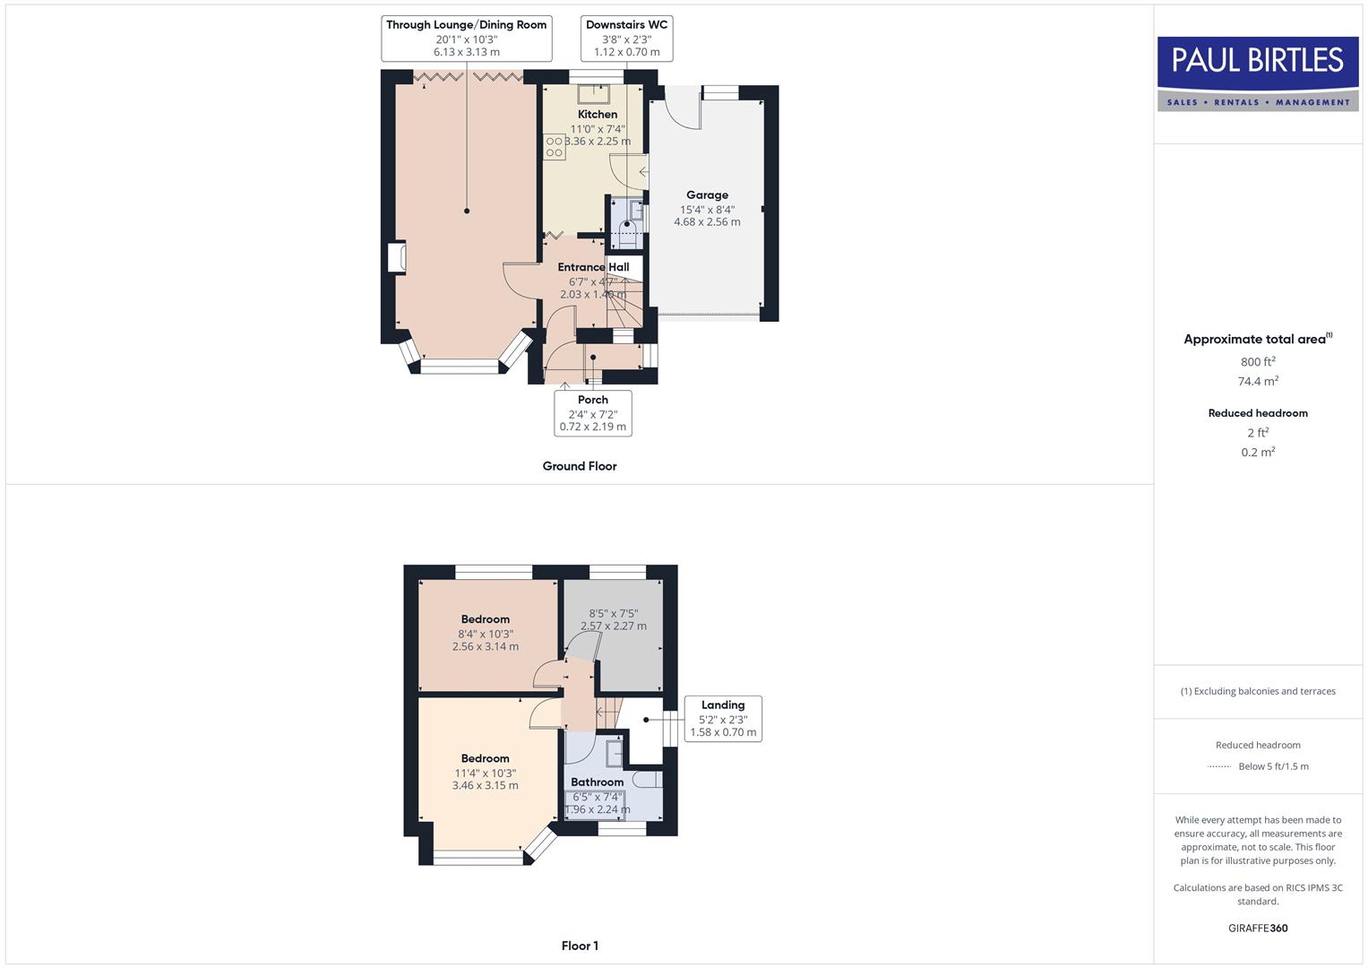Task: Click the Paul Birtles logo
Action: pos(1257,73)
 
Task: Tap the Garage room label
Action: pos(707,195)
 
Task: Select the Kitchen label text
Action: pos(598,115)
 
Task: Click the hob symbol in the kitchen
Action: pos(554,147)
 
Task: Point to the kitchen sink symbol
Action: pos(593,94)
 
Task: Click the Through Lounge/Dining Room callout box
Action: pos(466,38)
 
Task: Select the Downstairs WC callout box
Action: pos(626,38)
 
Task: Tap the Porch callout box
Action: pos(592,413)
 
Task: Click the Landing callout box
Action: pos(723,719)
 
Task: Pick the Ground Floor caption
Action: pos(580,466)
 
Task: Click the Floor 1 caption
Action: pos(580,946)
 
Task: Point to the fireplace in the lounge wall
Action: pos(396,258)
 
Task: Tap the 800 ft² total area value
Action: pos(1258,362)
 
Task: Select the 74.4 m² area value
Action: pos(1258,382)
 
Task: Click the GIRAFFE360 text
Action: pos(1258,929)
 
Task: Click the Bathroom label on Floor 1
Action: pos(597,782)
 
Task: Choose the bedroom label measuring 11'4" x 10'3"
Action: pos(485,759)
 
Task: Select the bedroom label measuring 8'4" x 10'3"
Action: pos(485,619)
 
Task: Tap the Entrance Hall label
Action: pos(593,267)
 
